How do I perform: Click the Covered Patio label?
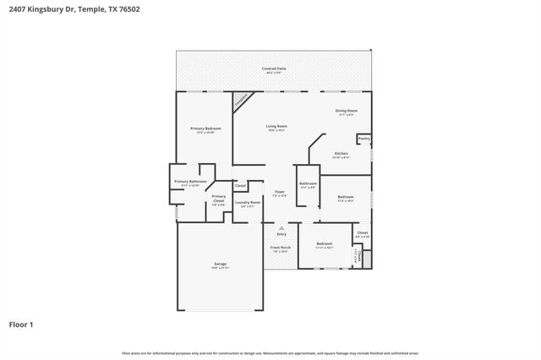(x=273, y=68)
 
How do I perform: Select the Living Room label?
(x=277, y=127)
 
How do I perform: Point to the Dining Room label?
(x=347, y=111)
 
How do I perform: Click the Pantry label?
(x=363, y=139)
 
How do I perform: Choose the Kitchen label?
(x=341, y=154)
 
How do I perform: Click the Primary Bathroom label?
(x=190, y=182)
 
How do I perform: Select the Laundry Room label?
(x=248, y=203)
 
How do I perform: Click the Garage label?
(x=220, y=265)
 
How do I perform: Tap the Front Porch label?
(x=279, y=248)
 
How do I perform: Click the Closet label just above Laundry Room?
(x=240, y=185)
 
